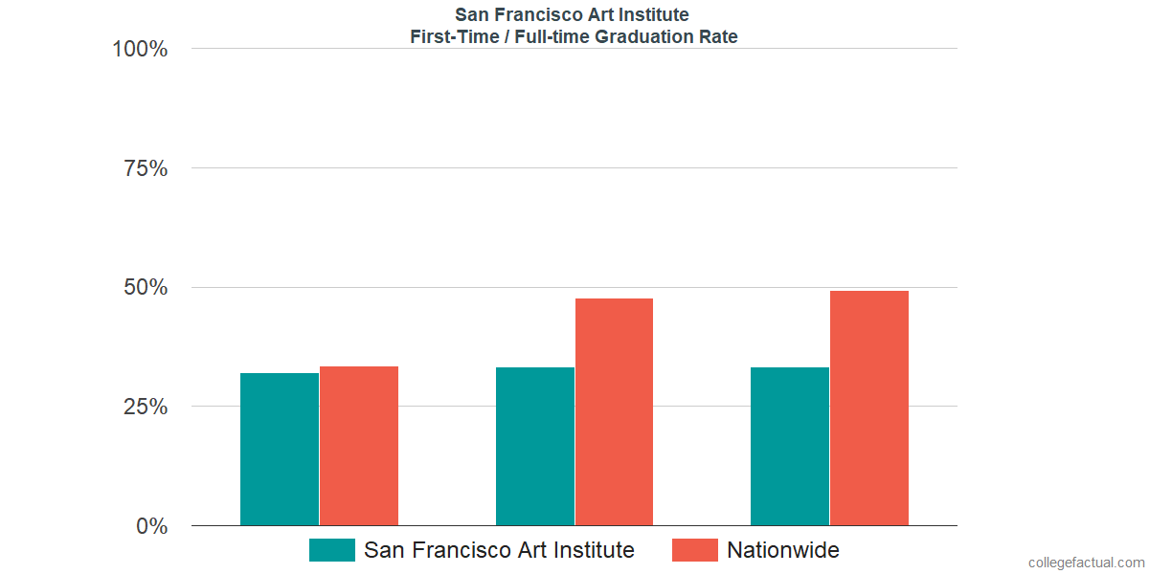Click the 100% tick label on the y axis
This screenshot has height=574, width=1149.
pyautogui.click(x=140, y=49)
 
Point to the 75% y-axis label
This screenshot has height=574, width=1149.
pyautogui.click(x=146, y=168)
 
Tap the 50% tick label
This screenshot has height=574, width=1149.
pyautogui.click(x=146, y=287)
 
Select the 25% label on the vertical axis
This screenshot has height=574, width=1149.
pyautogui.click(x=146, y=407)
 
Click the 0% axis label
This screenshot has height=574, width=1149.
pyautogui.click(x=151, y=525)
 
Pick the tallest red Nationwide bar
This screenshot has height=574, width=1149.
pyautogui.click(x=868, y=408)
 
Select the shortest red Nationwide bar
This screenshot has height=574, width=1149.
pyautogui.click(x=359, y=446)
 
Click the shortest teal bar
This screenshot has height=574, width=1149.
pyautogui.click(x=280, y=449)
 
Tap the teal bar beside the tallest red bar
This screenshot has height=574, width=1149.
pyautogui.click(x=790, y=446)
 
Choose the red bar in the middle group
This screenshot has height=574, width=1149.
pyautogui.click(x=614, y=412)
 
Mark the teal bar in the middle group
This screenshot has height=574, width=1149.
pyautogui.click(x=534, y=446)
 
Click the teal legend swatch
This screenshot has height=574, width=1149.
pyautogui.click(x=331, y=550)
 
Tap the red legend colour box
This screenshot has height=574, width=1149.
pyautogui.click(x=694, y=550)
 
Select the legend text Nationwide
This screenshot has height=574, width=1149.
pyautogui.click(x=783, y=550)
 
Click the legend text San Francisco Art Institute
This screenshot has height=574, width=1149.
pyautogui.click(x=499, y=550)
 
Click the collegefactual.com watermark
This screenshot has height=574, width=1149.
pyautogui.click(x=1086, y=563)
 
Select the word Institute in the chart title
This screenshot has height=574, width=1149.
pyautogui.click(x=654, y=14)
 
